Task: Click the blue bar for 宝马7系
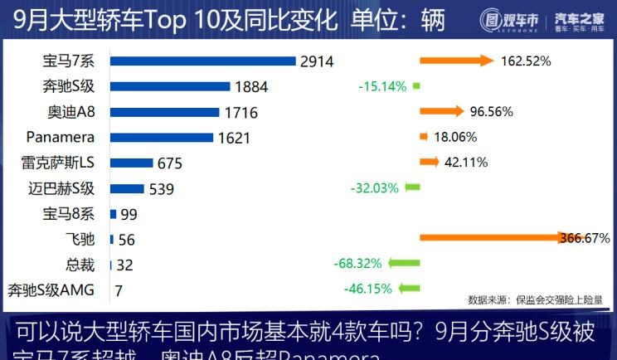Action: click(x=202, y=61)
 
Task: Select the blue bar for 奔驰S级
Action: click(x=170, y=86)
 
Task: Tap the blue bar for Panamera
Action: click(x=161, y=138)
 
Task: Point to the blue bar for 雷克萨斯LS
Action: click(x=131, y=163)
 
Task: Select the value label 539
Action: click(x=161, y=189)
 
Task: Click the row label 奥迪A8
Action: click(x=70, y=112)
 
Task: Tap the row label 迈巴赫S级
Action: click(x=61, y=188)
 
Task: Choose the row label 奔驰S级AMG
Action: click(x=51, y=289)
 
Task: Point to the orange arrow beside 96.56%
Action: click(x=442, y=111)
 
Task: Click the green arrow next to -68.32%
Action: click(x=405, y=264)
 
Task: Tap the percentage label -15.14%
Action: click(x=381, y=86)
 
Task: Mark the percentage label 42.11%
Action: click(x=466, y=163)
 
